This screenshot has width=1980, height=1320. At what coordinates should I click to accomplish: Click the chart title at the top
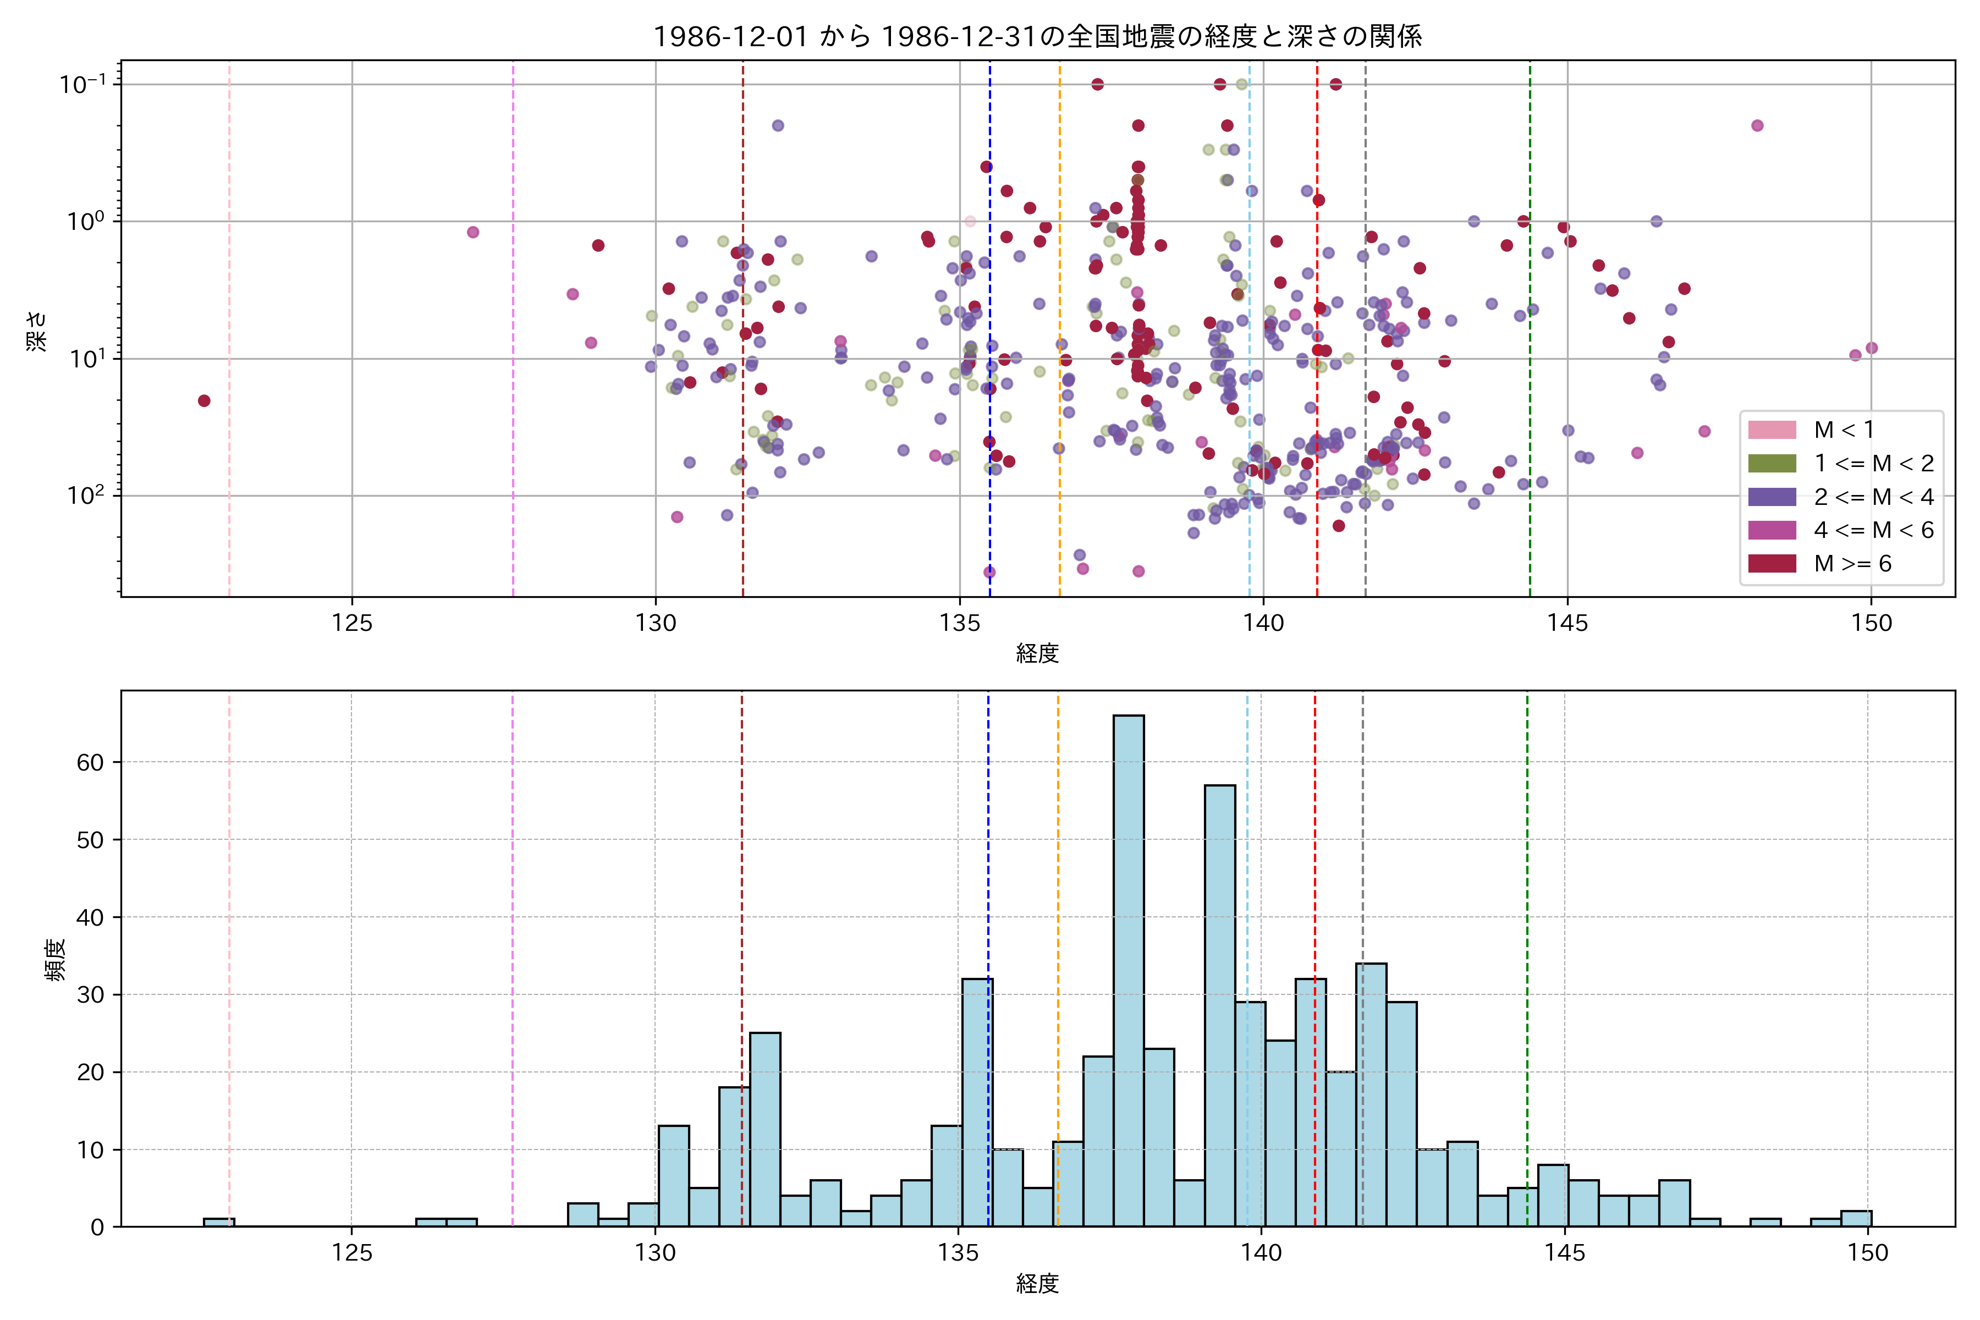tap(1037, 36)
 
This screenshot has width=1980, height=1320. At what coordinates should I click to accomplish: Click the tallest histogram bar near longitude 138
tap(1128, 968)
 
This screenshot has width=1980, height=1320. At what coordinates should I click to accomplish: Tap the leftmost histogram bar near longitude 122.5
tap(219, 1222)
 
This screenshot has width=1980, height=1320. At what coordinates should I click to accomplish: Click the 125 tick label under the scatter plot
tap(352, 624)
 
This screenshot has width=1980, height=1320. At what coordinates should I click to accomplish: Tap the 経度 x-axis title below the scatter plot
tap(1037, 653)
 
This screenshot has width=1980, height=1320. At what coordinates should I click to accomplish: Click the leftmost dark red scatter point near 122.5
tap(204, 401)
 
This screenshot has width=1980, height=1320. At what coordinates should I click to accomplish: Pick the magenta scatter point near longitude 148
tap(1757, 125)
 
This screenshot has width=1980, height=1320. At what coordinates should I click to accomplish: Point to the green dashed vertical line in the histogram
tap(1527, 926)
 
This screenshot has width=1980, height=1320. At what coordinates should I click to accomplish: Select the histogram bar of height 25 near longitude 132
tap(765, 1128)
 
